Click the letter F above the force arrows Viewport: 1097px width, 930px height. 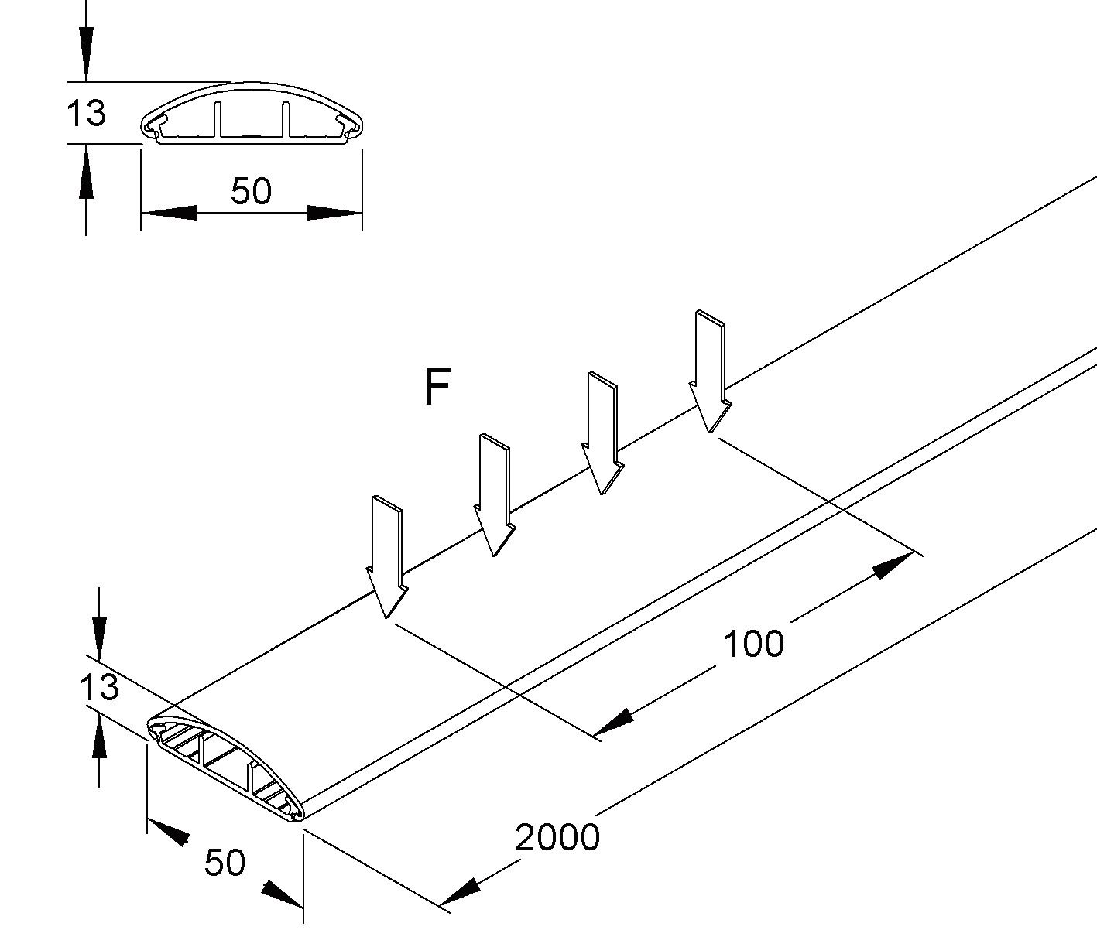[437, 388]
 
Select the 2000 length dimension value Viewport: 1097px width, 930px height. [557, 838]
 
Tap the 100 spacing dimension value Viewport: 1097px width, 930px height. [752, 644]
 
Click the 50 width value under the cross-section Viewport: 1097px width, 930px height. [252, 191]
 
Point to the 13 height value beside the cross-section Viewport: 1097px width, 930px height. [86, 114]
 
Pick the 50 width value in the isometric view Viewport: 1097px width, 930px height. [225, 863]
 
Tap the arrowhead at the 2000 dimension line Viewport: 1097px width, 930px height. [460, 894]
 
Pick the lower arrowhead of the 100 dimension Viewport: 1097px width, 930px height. [614, 724]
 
